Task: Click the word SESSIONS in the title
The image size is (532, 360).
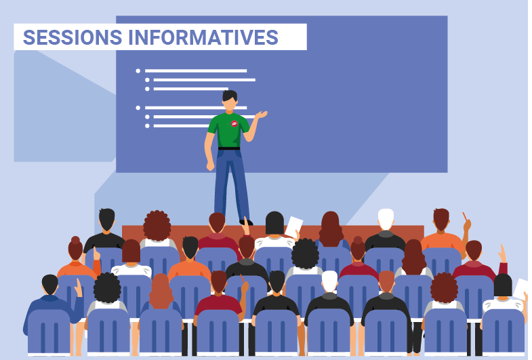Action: tap(73, 37)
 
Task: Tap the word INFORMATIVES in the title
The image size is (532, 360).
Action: tap(203, 37)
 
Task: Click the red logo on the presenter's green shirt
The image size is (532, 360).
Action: tap(234, 124)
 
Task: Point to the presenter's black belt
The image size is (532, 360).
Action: tap(229, 148)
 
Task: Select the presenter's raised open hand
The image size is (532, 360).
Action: tap(261, 115)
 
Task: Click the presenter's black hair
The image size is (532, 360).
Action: tap(230, 96)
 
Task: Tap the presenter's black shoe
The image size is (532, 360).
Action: tap(246, 222)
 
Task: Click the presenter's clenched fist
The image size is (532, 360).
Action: tap(210, 166)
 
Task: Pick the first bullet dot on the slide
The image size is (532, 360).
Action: tap(138, 71)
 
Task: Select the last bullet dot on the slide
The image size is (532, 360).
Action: tap(147, 126)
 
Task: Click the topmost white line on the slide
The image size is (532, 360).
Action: tap(196, 71)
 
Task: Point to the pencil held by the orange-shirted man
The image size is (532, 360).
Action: tap(464, 216)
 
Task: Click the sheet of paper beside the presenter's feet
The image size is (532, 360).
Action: tap(294, 226)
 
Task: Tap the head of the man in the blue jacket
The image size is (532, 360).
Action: tap(50, 284)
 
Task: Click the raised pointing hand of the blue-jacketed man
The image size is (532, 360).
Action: tap(79, 288)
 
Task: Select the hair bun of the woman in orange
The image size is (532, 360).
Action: tap(75, 240)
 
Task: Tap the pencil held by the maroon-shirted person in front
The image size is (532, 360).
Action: tap(242, 279)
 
